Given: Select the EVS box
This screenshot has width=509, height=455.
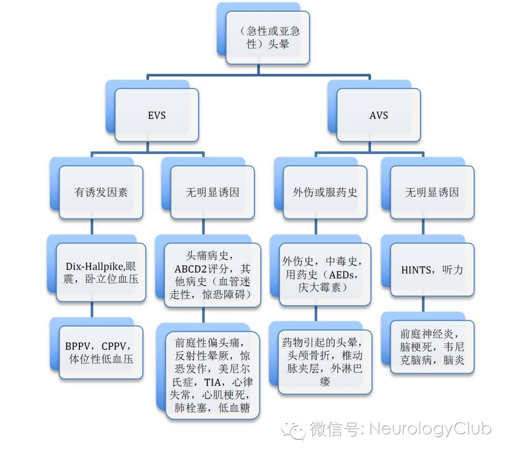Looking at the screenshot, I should point(157,115).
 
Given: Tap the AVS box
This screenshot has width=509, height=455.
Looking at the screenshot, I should point(379,115).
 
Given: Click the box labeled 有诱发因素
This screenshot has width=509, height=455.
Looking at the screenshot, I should point(101,193).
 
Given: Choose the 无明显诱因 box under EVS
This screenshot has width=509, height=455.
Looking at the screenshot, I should point(213,193).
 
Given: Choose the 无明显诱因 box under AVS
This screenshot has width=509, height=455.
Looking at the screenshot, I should point(432,193).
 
